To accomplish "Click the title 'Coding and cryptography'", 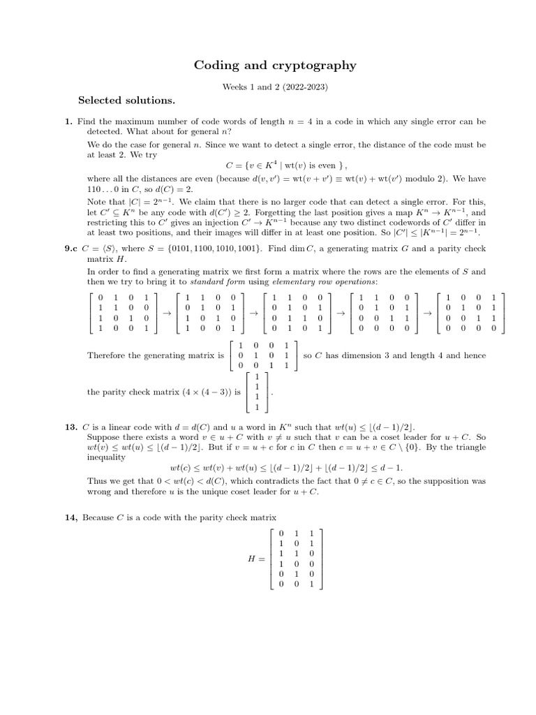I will (274, 66).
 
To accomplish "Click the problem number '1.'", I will (69, 121).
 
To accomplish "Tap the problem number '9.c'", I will (71, 248).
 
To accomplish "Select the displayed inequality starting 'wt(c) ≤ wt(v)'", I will (291, 468).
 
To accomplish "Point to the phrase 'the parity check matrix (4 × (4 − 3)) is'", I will (164, 392).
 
